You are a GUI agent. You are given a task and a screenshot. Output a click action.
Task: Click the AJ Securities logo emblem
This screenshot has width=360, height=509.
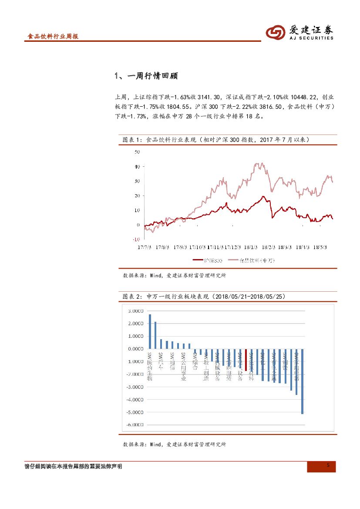click(275, 32)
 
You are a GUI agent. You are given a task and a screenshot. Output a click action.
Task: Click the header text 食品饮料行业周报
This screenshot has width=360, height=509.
click(53, 37)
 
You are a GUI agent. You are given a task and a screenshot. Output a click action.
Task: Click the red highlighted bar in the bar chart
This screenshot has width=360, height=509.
click(246, 360)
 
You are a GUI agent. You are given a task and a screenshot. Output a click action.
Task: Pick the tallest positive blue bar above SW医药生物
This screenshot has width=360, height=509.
click(150, 331)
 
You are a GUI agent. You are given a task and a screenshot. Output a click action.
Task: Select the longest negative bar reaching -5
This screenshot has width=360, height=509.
click(302, 381)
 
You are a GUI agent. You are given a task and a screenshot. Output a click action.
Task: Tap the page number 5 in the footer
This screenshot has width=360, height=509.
click(328, 466)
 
